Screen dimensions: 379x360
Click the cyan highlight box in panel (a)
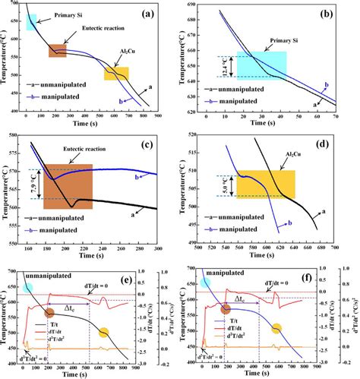coord(31,22)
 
